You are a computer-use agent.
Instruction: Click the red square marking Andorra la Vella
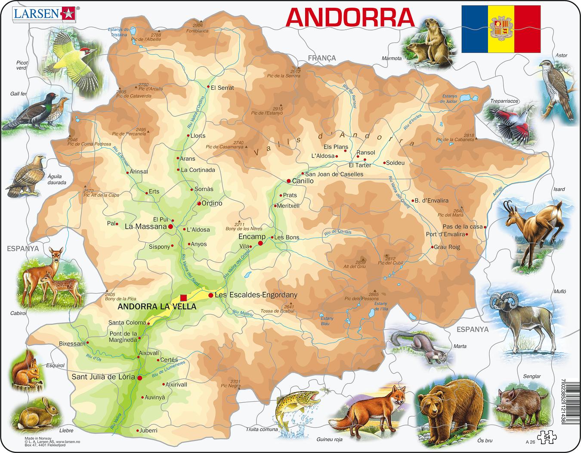pos(183,297)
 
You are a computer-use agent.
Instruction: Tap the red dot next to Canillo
pos(289,181)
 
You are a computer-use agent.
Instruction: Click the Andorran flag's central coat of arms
pos(501,29)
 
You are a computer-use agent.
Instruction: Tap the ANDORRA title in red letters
pos(350,17)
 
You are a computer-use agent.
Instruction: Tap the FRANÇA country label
pos(321,58)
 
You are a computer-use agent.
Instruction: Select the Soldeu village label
pos(395,163)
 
